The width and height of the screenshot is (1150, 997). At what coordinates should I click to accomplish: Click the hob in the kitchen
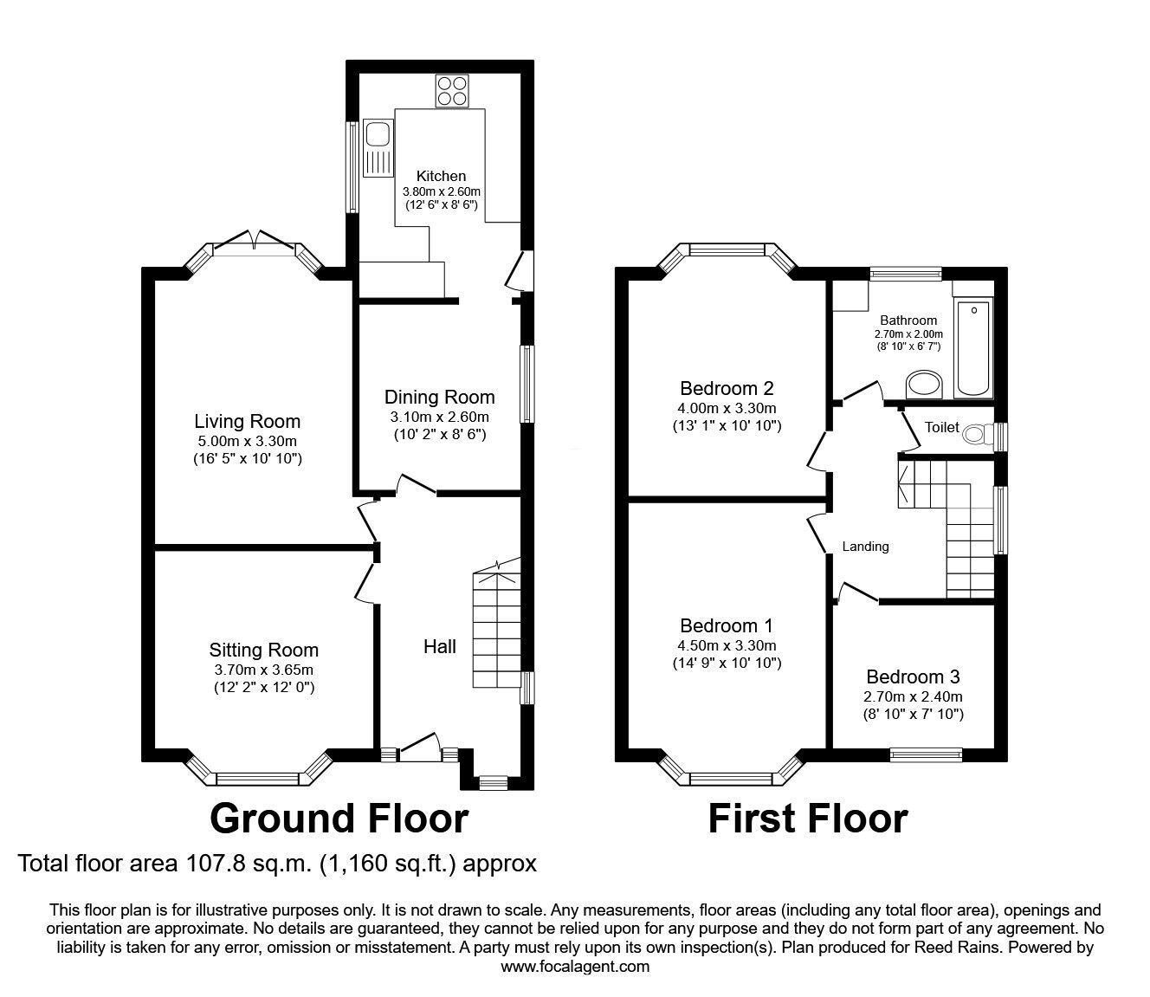pos(450,90)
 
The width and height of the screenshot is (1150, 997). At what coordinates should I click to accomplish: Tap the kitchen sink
pos(378,136)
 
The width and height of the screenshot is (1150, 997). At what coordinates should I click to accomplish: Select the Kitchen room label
pos(441,176)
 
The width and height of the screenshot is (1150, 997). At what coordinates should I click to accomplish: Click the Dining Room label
pos(439,397)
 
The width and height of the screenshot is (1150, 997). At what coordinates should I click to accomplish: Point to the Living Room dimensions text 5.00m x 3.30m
pos(247,441)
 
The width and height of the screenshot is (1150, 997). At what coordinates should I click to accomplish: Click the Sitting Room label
pos(263,650)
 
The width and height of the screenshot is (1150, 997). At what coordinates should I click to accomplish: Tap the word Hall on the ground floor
pos(439,646)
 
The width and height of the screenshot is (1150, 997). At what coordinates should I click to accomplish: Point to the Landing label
pos(865,547)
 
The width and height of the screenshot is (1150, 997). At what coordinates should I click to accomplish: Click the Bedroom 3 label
pos(913,677)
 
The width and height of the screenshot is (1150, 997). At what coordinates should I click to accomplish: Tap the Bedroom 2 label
pos(727,388)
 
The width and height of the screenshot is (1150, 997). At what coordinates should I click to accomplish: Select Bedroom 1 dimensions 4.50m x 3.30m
pos(727,645)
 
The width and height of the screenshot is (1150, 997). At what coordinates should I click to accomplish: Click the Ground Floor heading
pos(339,818)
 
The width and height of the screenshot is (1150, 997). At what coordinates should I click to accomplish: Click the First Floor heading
pos(807,818)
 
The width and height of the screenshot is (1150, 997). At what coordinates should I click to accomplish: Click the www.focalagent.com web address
pos(575,966)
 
